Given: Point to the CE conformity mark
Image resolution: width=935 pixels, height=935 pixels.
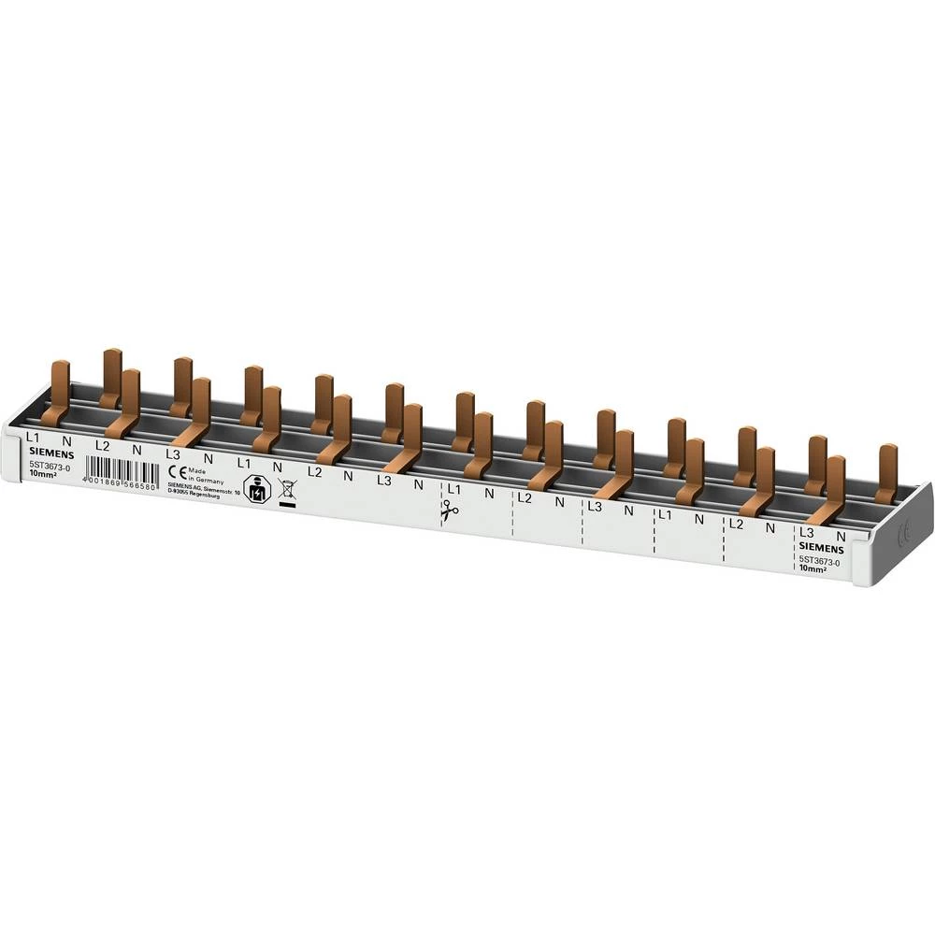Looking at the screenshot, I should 172,472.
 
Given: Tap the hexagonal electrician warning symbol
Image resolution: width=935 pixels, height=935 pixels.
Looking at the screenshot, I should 252,489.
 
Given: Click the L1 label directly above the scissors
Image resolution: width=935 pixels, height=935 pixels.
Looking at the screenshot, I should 454,489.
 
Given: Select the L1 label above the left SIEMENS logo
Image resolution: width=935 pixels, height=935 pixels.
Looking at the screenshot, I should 33,437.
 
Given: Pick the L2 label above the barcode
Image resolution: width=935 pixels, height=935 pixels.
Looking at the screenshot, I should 102,445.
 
